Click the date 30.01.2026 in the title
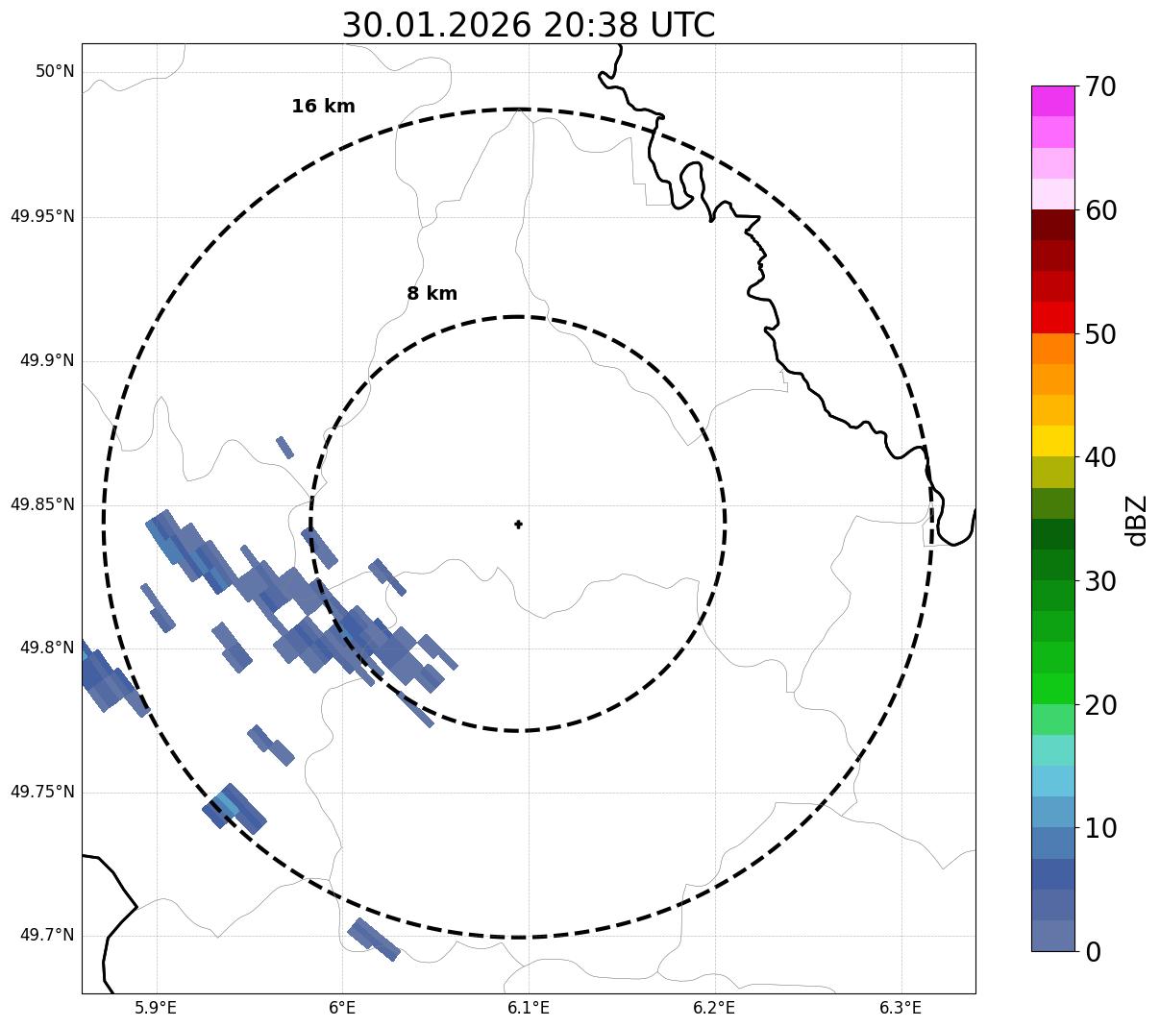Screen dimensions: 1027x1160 tap(435, 26)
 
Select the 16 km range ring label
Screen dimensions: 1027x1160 tap(323, 107)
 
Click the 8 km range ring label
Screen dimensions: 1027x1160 tap(432, 294)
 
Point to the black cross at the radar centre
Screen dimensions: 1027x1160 tap(519, 525)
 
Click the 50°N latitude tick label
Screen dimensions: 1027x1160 tap(55, 71)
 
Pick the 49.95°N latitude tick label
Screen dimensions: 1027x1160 tap(42, 216)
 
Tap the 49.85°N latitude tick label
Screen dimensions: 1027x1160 tap(42, 504)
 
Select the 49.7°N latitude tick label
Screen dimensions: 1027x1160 tap(46, 936)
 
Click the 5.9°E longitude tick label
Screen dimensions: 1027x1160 tap(156, 1008)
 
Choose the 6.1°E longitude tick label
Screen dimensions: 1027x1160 tap(529, 1008)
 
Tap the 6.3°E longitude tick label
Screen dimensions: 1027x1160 tap(901, 1008)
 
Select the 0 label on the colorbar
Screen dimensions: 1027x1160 tap(1093, 952)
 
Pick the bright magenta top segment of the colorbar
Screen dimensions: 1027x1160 tap(1052, 101)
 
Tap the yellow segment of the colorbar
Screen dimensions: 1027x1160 tap(1052, 441)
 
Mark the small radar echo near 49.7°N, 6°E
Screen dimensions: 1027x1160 tap(373, 939)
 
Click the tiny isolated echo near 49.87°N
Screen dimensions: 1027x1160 tap(284, 447)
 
